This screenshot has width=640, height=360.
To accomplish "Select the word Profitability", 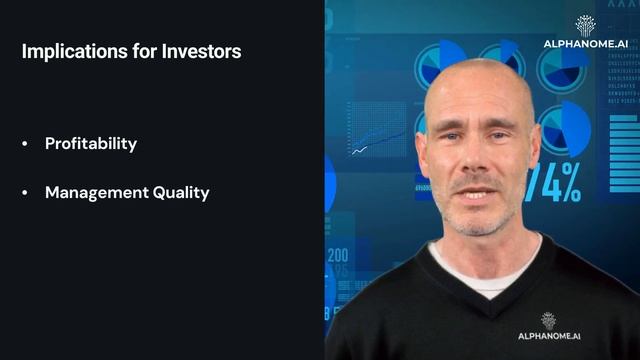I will click(91, 143).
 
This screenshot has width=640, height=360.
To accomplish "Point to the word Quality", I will click(183, 193).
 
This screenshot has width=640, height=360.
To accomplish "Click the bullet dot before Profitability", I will click(26, 144).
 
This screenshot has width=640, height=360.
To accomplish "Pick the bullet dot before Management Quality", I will click(26, 193).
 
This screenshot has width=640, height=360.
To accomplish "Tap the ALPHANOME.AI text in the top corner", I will click(585, 44).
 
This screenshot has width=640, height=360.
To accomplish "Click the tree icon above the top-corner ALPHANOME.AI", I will click(585, 25).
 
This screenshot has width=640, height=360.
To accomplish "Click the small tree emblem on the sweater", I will click(548, 320).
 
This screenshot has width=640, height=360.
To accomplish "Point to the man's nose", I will click(476, 159).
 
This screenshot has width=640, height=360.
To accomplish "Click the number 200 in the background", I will click(337, 255).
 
